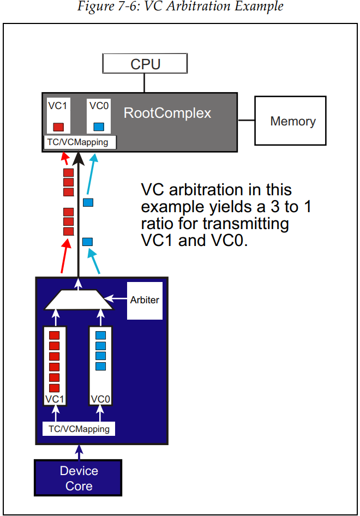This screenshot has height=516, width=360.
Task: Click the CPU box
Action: tap(145, 64)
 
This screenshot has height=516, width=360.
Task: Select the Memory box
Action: tap(290, 121)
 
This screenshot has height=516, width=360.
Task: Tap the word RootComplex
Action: tap(167, 113)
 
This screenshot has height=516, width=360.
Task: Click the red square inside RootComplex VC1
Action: tap(58, 127)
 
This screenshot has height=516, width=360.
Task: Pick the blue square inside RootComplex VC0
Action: tap(99, 127)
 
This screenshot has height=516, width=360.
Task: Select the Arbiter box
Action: tap(145, 300)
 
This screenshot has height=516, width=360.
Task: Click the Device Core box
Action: tap(79, 478)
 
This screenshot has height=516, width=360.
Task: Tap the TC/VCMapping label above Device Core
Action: tap(79, 429)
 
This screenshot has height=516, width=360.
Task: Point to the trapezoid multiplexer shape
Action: tap(79, 299)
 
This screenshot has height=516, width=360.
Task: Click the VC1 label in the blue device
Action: tap(55, 399)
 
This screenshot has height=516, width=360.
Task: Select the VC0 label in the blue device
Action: tap(100, 399)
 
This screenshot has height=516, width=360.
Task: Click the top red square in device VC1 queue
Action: tap(54, 335)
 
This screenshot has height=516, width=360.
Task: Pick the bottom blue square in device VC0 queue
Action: tap(100, 366)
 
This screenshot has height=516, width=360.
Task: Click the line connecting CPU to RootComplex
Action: tap(145, 83)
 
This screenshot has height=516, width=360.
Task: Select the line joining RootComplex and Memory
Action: tap(246, 119)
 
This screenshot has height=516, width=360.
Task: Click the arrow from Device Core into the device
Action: tap(79, 452)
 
